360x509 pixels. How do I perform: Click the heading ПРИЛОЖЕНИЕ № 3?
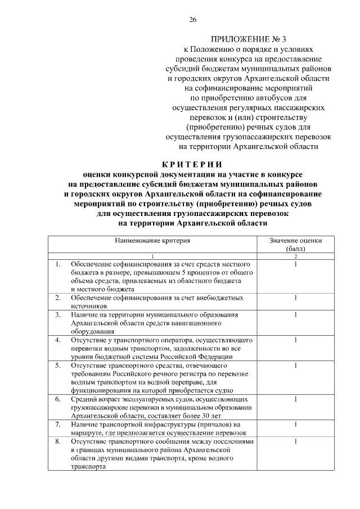[248, 39]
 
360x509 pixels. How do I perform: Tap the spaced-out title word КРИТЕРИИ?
[192, 164]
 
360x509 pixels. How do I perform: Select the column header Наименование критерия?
[153, 240]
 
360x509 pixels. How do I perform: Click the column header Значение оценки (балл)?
[295, 244]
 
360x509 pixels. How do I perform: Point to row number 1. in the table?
[58, 264]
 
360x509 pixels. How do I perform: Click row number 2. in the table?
[58, 297]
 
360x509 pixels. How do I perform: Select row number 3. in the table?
[58, 314]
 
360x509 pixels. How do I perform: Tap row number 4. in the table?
[58, 340]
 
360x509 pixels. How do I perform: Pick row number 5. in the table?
[58, 365]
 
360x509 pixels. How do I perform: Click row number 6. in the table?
[58, 399]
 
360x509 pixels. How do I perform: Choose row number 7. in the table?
[58, 424]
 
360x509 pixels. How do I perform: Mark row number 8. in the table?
[58, 442]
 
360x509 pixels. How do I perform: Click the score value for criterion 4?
[295, 340]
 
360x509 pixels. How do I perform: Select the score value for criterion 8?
[295, 442]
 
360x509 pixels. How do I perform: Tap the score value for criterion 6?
[295, 399]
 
